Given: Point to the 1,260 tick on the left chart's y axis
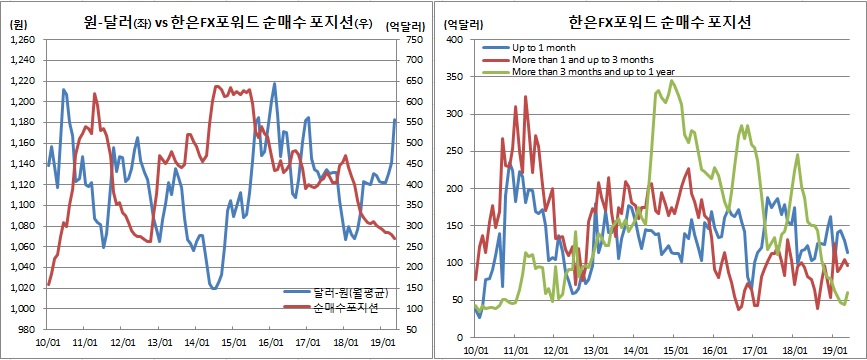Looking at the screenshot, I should tap(21, 40).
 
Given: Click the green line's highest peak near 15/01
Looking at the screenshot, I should tap(672, 81).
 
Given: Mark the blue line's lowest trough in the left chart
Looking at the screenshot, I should tap(213, 288).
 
